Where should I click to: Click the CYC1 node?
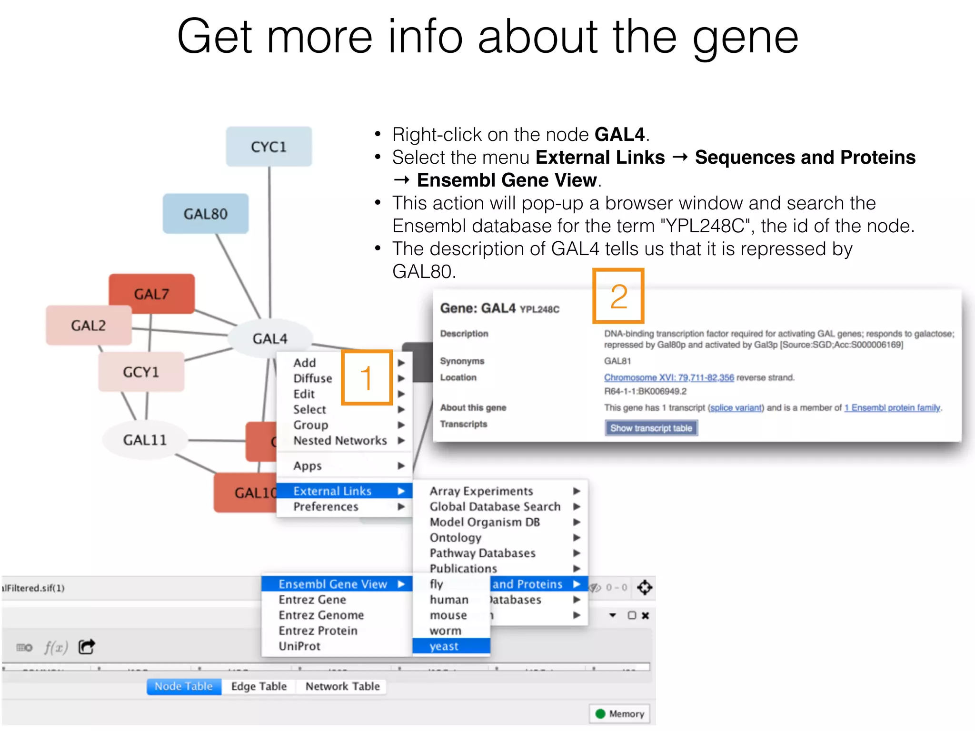[x=269, y=147]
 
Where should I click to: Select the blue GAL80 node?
[x=205, y=214]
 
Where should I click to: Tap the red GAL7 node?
[x=151, y=294]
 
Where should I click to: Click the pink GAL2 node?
[x=89, y=326]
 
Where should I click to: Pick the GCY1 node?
[x=141, y=372]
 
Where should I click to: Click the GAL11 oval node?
[x=145, y=440]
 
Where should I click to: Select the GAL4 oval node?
[x=269, y=338]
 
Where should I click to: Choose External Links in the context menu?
[x=332, y=491]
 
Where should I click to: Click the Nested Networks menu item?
[x=340, y=440]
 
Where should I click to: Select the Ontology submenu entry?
[x=455, y=537]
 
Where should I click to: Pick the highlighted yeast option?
[x=444, y=646]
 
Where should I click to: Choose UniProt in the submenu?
[x=299, y=646]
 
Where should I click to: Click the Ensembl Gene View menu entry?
[x=333, y=584]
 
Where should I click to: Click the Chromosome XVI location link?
[x=669, y=377]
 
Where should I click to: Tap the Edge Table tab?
[x=259, y=686]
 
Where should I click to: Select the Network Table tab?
[x=342, y=686]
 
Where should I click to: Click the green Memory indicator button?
[x=620, y=713]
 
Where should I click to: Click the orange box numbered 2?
[x=618, y=296]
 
